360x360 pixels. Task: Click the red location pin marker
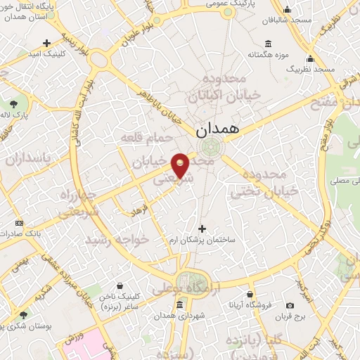click(181, 165)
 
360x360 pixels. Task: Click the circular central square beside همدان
click(209, 147)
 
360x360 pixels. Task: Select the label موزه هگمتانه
click(265, 54)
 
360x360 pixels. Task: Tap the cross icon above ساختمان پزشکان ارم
click(202, 229)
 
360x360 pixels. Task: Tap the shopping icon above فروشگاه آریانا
click(250, 294)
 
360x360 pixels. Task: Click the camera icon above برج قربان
click(290, 305)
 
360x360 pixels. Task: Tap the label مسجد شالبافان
click(287, 21)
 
